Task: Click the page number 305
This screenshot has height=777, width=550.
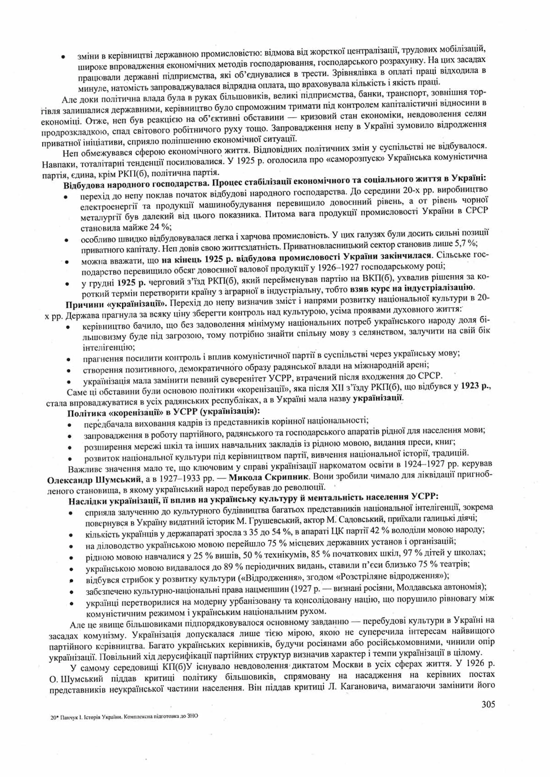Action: [488, 703]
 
